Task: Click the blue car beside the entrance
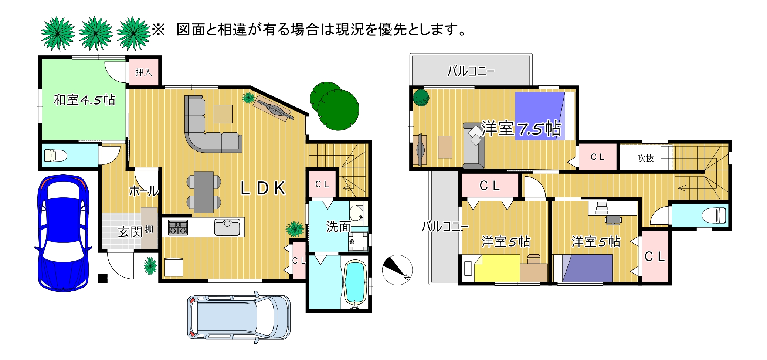(63, 233)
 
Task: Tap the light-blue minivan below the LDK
(239, 317)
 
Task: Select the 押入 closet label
(143, 72)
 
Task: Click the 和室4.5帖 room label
(85, 100)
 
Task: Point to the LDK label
(263, 188)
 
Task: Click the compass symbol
(397, 270)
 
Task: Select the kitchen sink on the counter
(227, 227)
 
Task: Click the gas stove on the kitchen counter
(178, 227)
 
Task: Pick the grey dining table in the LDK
(204, 192)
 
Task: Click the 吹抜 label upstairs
(645, 158)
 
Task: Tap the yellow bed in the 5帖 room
(497, 268)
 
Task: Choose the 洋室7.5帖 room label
(521, 129)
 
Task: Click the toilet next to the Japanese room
(56, 155)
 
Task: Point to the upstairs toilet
(713, 215)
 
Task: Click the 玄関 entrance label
(130, 232)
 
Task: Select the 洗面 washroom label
(338, 227)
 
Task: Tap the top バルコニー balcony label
(471, 71)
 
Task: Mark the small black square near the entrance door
(103, 278)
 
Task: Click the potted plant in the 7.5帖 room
(421, 98)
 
